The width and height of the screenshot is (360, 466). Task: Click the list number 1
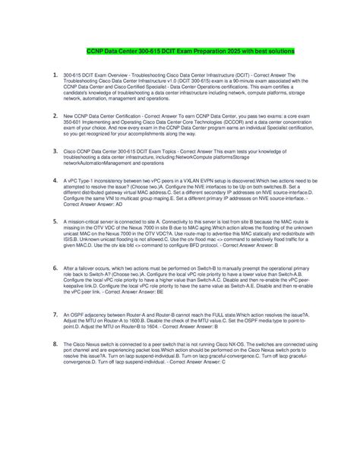point(55,75)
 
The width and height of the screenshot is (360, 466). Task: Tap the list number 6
point(55,268)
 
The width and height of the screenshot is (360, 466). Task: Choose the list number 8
point(55,344)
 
